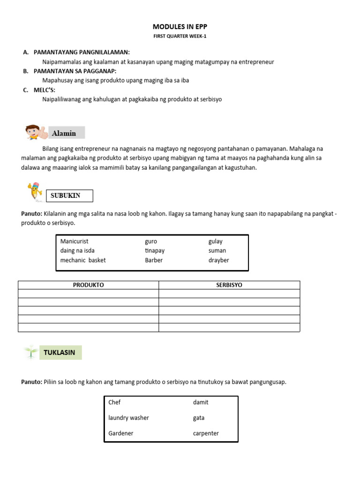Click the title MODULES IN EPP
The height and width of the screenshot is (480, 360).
[180, 27]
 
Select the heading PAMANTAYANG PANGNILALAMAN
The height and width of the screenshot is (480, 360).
[82, 52]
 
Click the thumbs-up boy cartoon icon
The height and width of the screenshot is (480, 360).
[36, 133]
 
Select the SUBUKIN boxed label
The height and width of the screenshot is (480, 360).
[69, 195]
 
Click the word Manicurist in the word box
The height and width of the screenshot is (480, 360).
[75, 241]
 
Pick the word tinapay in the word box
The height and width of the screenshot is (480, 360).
[155, 251]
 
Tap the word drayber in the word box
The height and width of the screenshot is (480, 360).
[219, 260]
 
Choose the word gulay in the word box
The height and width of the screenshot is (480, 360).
[216, 241]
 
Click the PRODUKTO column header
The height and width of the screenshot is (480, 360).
[88, 285]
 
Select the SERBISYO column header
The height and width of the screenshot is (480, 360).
[229, 285]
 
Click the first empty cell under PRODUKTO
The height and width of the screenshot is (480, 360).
[88, 293]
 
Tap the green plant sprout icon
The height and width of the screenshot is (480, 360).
[31, 352]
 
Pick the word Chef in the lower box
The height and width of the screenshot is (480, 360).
[114, 402]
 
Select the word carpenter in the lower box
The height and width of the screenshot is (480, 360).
[206, 433]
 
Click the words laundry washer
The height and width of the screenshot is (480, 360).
[128, 418]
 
